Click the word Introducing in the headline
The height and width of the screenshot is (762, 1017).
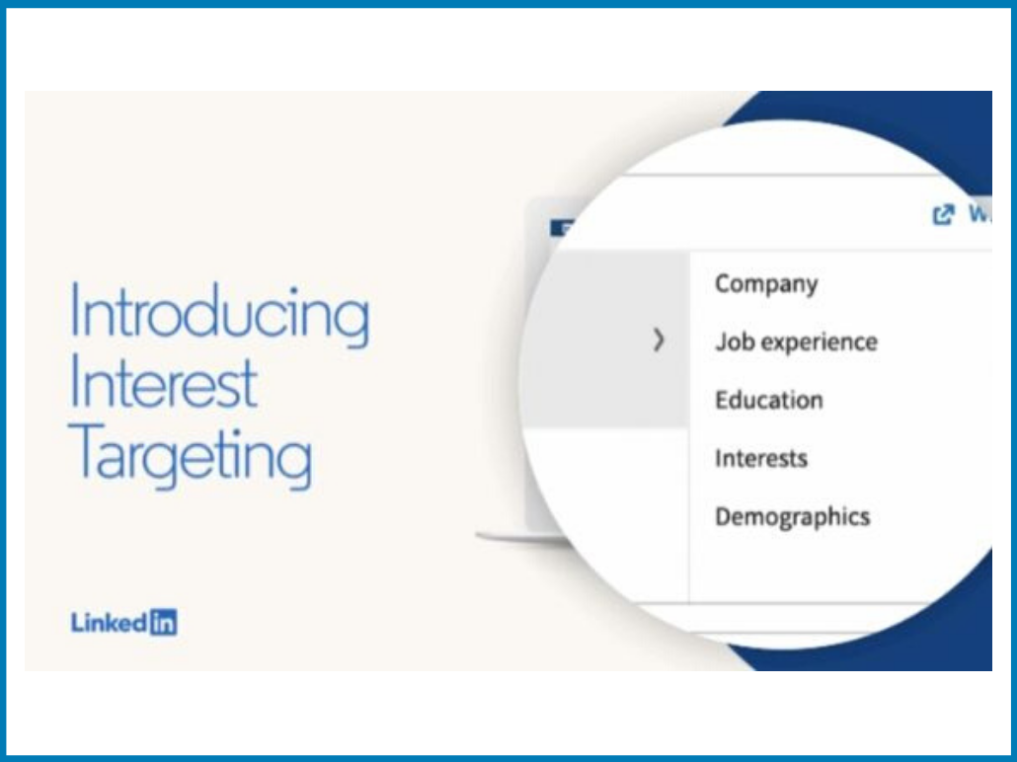point(219,316)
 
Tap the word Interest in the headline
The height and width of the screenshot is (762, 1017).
point(164,383)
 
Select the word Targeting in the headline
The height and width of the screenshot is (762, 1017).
point(190,456)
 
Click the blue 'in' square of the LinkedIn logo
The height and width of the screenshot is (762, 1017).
point(163,623)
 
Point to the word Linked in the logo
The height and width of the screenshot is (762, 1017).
point(110,623)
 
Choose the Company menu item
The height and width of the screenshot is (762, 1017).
point(766,284)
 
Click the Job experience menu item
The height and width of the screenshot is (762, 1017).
point(796,342)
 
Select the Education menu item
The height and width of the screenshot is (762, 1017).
point(768,400)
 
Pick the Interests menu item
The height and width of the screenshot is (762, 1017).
point(761,458)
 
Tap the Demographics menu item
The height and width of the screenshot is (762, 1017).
point(792,517)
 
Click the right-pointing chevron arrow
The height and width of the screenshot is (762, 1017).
point(659,340)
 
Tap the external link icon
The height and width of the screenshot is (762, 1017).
point(944,214)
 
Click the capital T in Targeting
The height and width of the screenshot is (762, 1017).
point(85,449)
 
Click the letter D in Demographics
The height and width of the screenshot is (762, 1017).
point(724,516)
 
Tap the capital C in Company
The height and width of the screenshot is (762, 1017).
point(724,283)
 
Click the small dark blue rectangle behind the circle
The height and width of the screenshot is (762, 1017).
point(562,228)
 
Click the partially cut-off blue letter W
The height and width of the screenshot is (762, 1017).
point(980,214)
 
